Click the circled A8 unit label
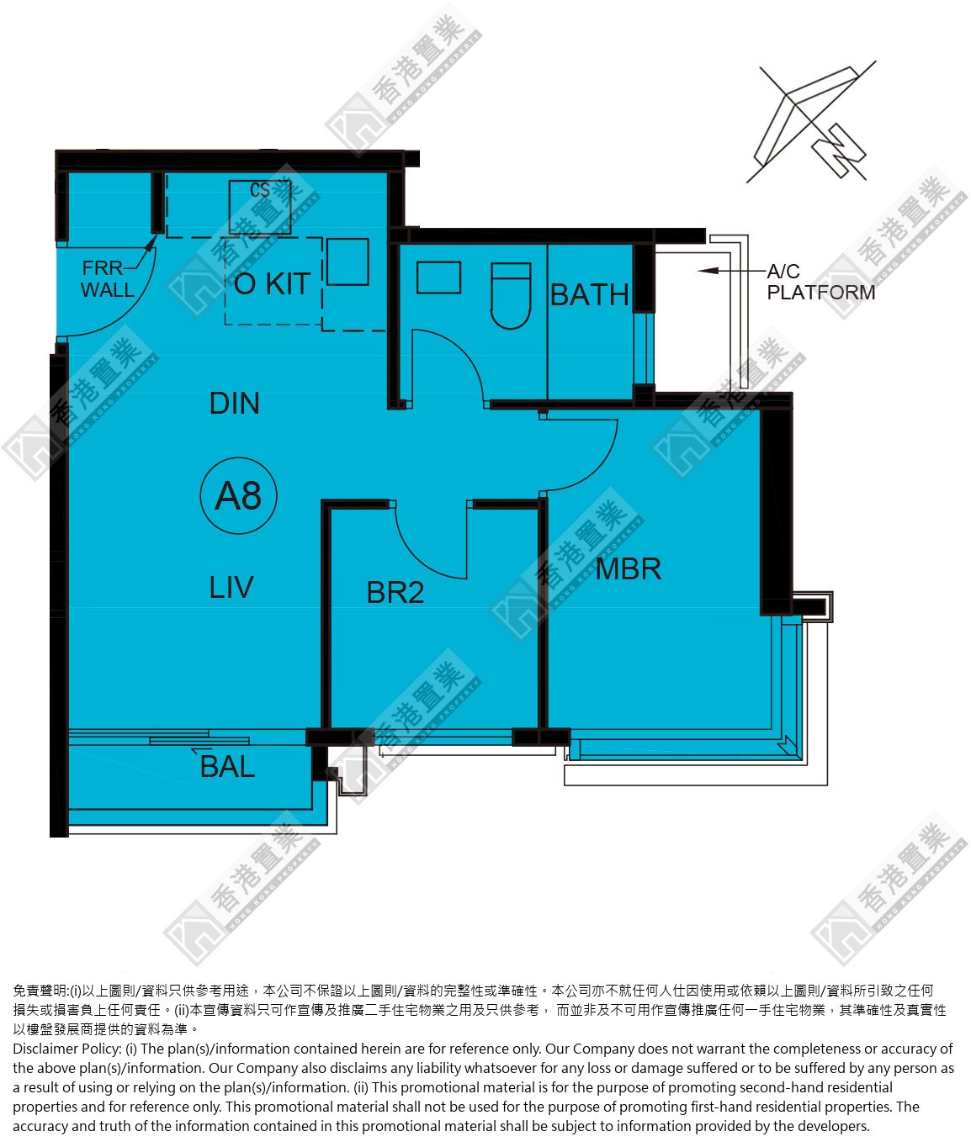point(238,495)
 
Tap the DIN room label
point(234,404)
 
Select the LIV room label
point(231,587)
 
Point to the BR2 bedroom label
point(395,592)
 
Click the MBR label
point(629,569)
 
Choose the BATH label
point(590,294)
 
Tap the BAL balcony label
point(227,767)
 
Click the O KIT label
point(272,284)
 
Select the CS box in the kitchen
point(260,206)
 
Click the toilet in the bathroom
point(511,296)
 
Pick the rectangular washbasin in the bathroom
point(438,277)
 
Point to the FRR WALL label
point(107,279)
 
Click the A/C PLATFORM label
point(820,282)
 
